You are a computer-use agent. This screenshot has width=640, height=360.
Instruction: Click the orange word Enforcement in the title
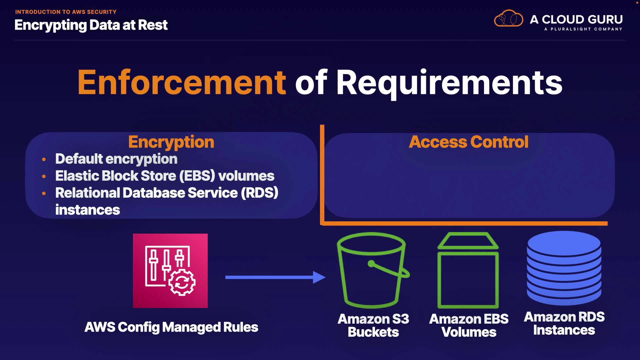coord(182,83)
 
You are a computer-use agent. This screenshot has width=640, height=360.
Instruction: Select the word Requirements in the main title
coord(449,83)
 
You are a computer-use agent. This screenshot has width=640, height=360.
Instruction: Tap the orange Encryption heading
coord(171,142)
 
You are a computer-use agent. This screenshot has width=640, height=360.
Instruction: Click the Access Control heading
coord(469,142)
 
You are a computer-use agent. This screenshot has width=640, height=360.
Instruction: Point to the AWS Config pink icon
coord(170,271)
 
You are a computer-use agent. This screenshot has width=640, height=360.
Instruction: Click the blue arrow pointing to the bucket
coord(275,277)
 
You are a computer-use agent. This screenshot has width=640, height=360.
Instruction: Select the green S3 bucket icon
coord(373,270)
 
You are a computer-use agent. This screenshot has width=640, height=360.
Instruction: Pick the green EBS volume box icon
coord(468,271)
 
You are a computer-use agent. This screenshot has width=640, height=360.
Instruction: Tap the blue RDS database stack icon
coord(564,268)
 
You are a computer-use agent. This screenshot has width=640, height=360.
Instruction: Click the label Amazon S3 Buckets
coord(373,325)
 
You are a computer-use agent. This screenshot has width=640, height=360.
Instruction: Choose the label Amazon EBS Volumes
coord(469,325)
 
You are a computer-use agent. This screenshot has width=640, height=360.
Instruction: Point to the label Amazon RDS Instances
coord(564,323)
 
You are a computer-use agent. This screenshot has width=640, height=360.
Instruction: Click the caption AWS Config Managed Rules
coord(171,327)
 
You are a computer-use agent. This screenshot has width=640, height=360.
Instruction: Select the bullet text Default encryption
coord(116,159)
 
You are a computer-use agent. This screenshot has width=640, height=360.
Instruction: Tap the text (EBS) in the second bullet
coord(197,176)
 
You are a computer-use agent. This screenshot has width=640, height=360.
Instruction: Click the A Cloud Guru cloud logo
coord(508,19)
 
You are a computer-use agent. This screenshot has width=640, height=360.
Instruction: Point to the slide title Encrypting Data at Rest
coord(91,25)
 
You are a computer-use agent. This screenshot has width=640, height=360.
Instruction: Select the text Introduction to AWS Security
coord(66,12)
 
